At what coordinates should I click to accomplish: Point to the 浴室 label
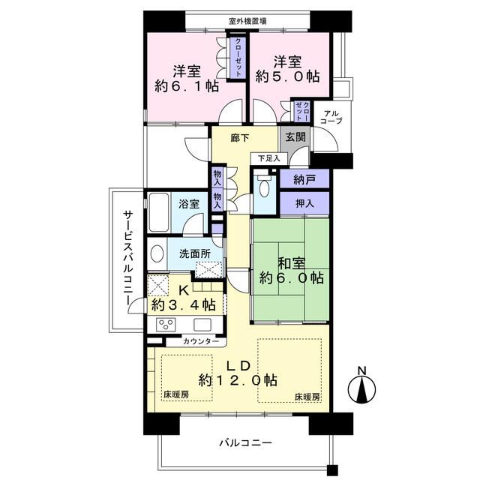point(189,204)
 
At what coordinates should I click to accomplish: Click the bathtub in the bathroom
point(159,212)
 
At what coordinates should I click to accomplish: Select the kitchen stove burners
point(166,324)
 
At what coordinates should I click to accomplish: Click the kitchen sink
point(202,324)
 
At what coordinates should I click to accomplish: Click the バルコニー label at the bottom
point(245,443)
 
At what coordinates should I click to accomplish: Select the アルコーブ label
point(331,117)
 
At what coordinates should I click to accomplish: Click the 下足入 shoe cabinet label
point(268,158)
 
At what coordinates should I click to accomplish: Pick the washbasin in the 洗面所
point(156,253)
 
